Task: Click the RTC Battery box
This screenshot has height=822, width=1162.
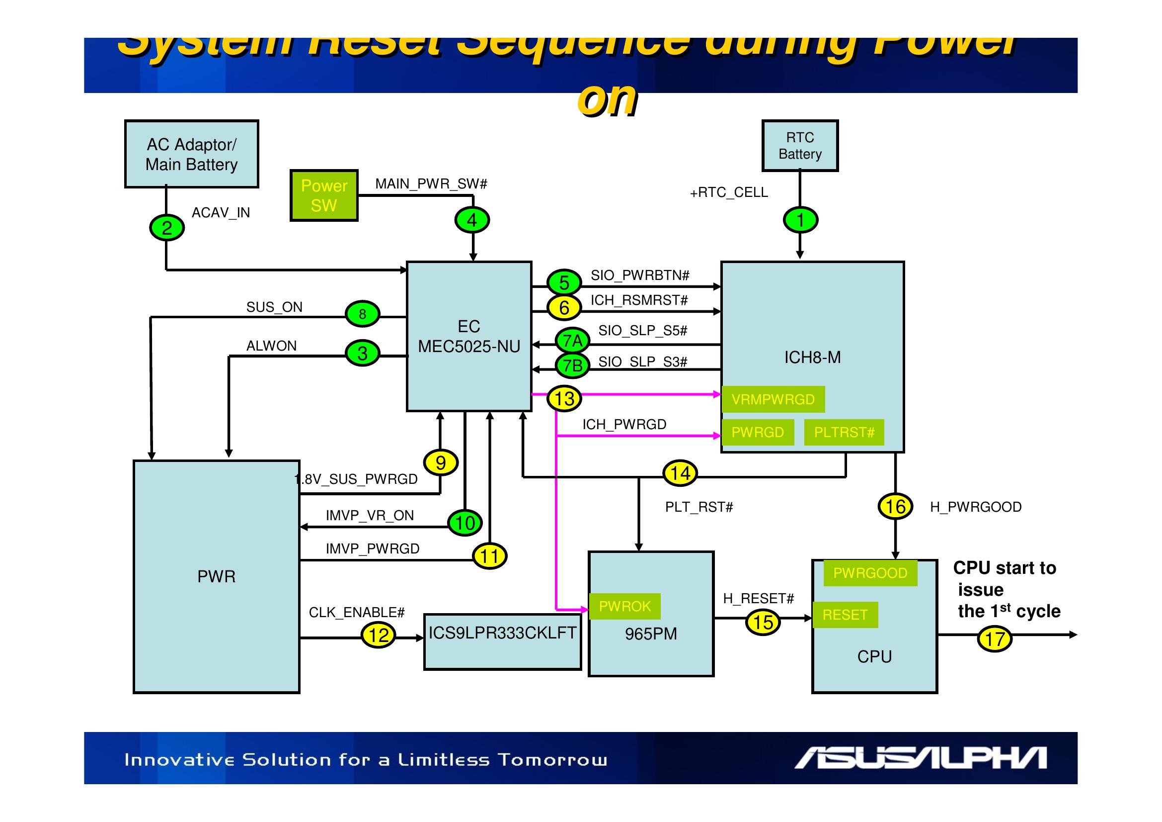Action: (800, 146)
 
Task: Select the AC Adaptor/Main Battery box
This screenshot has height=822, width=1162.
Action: (191, 154)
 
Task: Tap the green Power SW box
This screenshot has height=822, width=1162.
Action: (324, 195)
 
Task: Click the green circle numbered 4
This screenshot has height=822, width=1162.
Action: (471, 220)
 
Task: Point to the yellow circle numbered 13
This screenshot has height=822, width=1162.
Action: (564, 399)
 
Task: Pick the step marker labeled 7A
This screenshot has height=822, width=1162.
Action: (572, 341)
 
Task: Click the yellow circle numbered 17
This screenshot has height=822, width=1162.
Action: (994, 639)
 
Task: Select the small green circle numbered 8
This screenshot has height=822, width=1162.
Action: (362, 314)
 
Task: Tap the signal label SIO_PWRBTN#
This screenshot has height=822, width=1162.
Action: (640, 275)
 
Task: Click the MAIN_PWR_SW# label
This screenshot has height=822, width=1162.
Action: (431, 184)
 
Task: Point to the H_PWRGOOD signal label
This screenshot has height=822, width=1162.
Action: (975, 507)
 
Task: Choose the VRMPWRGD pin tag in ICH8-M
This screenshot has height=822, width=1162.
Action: (773, 400)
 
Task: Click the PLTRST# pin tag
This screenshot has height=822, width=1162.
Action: (844, 433)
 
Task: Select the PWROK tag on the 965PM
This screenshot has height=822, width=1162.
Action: (624, 606)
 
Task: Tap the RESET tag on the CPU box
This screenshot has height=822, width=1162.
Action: (845, 615)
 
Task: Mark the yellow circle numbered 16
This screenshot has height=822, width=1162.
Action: (895, 506)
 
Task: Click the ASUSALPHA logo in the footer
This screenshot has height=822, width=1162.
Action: (920, 758)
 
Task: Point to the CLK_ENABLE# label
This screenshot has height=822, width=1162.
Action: (356, 613)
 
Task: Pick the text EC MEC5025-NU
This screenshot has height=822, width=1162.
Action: (468, 336)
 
